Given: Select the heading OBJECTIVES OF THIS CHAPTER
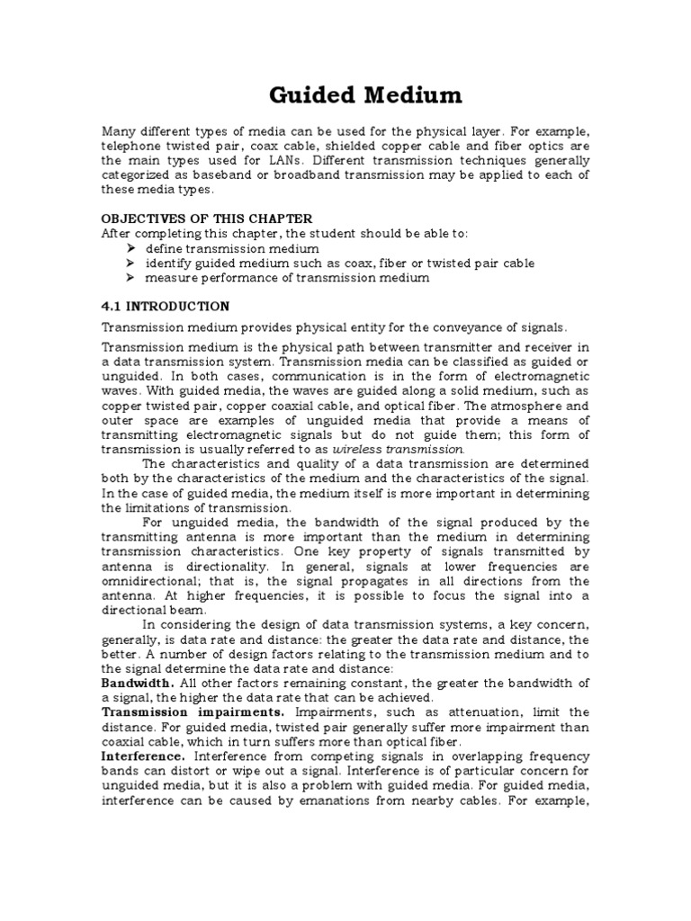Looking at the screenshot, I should point(207,219).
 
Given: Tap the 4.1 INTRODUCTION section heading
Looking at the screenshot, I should point(166,306).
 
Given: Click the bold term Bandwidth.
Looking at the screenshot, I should point(138,684).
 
